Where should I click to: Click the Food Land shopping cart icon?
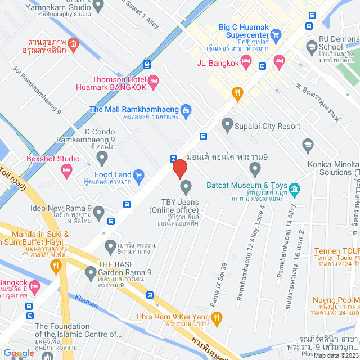tap(138, 175)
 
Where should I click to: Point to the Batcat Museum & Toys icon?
tap(294, 186)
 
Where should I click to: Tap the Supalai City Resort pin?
tap(227, 123)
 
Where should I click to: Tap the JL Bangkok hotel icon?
tap(278, 60)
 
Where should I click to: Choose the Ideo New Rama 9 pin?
tap(99, 213)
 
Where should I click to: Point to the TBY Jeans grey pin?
tap(185, 186)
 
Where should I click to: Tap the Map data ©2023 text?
tap(335, 355)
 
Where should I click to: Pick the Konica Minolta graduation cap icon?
tap(307, 145)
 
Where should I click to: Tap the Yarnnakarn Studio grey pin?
tap(98, 7)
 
